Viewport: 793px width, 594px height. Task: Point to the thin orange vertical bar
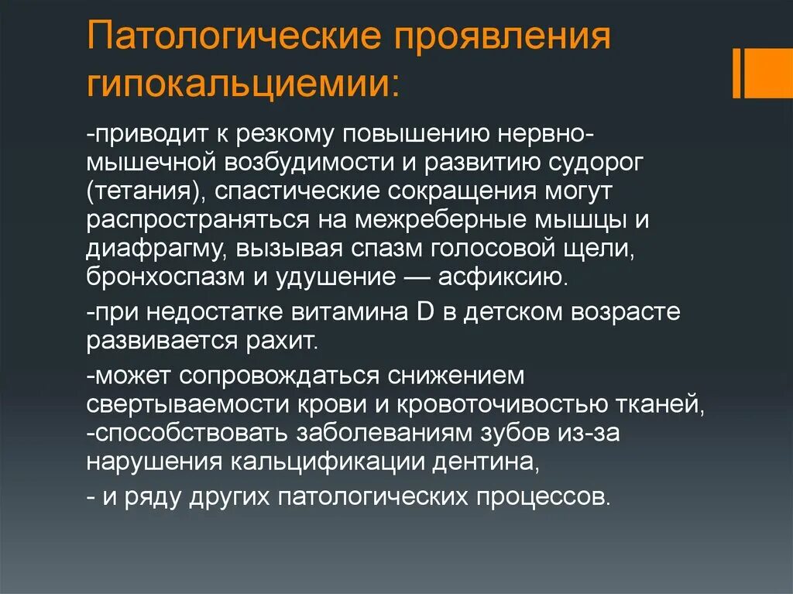(x=736, y=74)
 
